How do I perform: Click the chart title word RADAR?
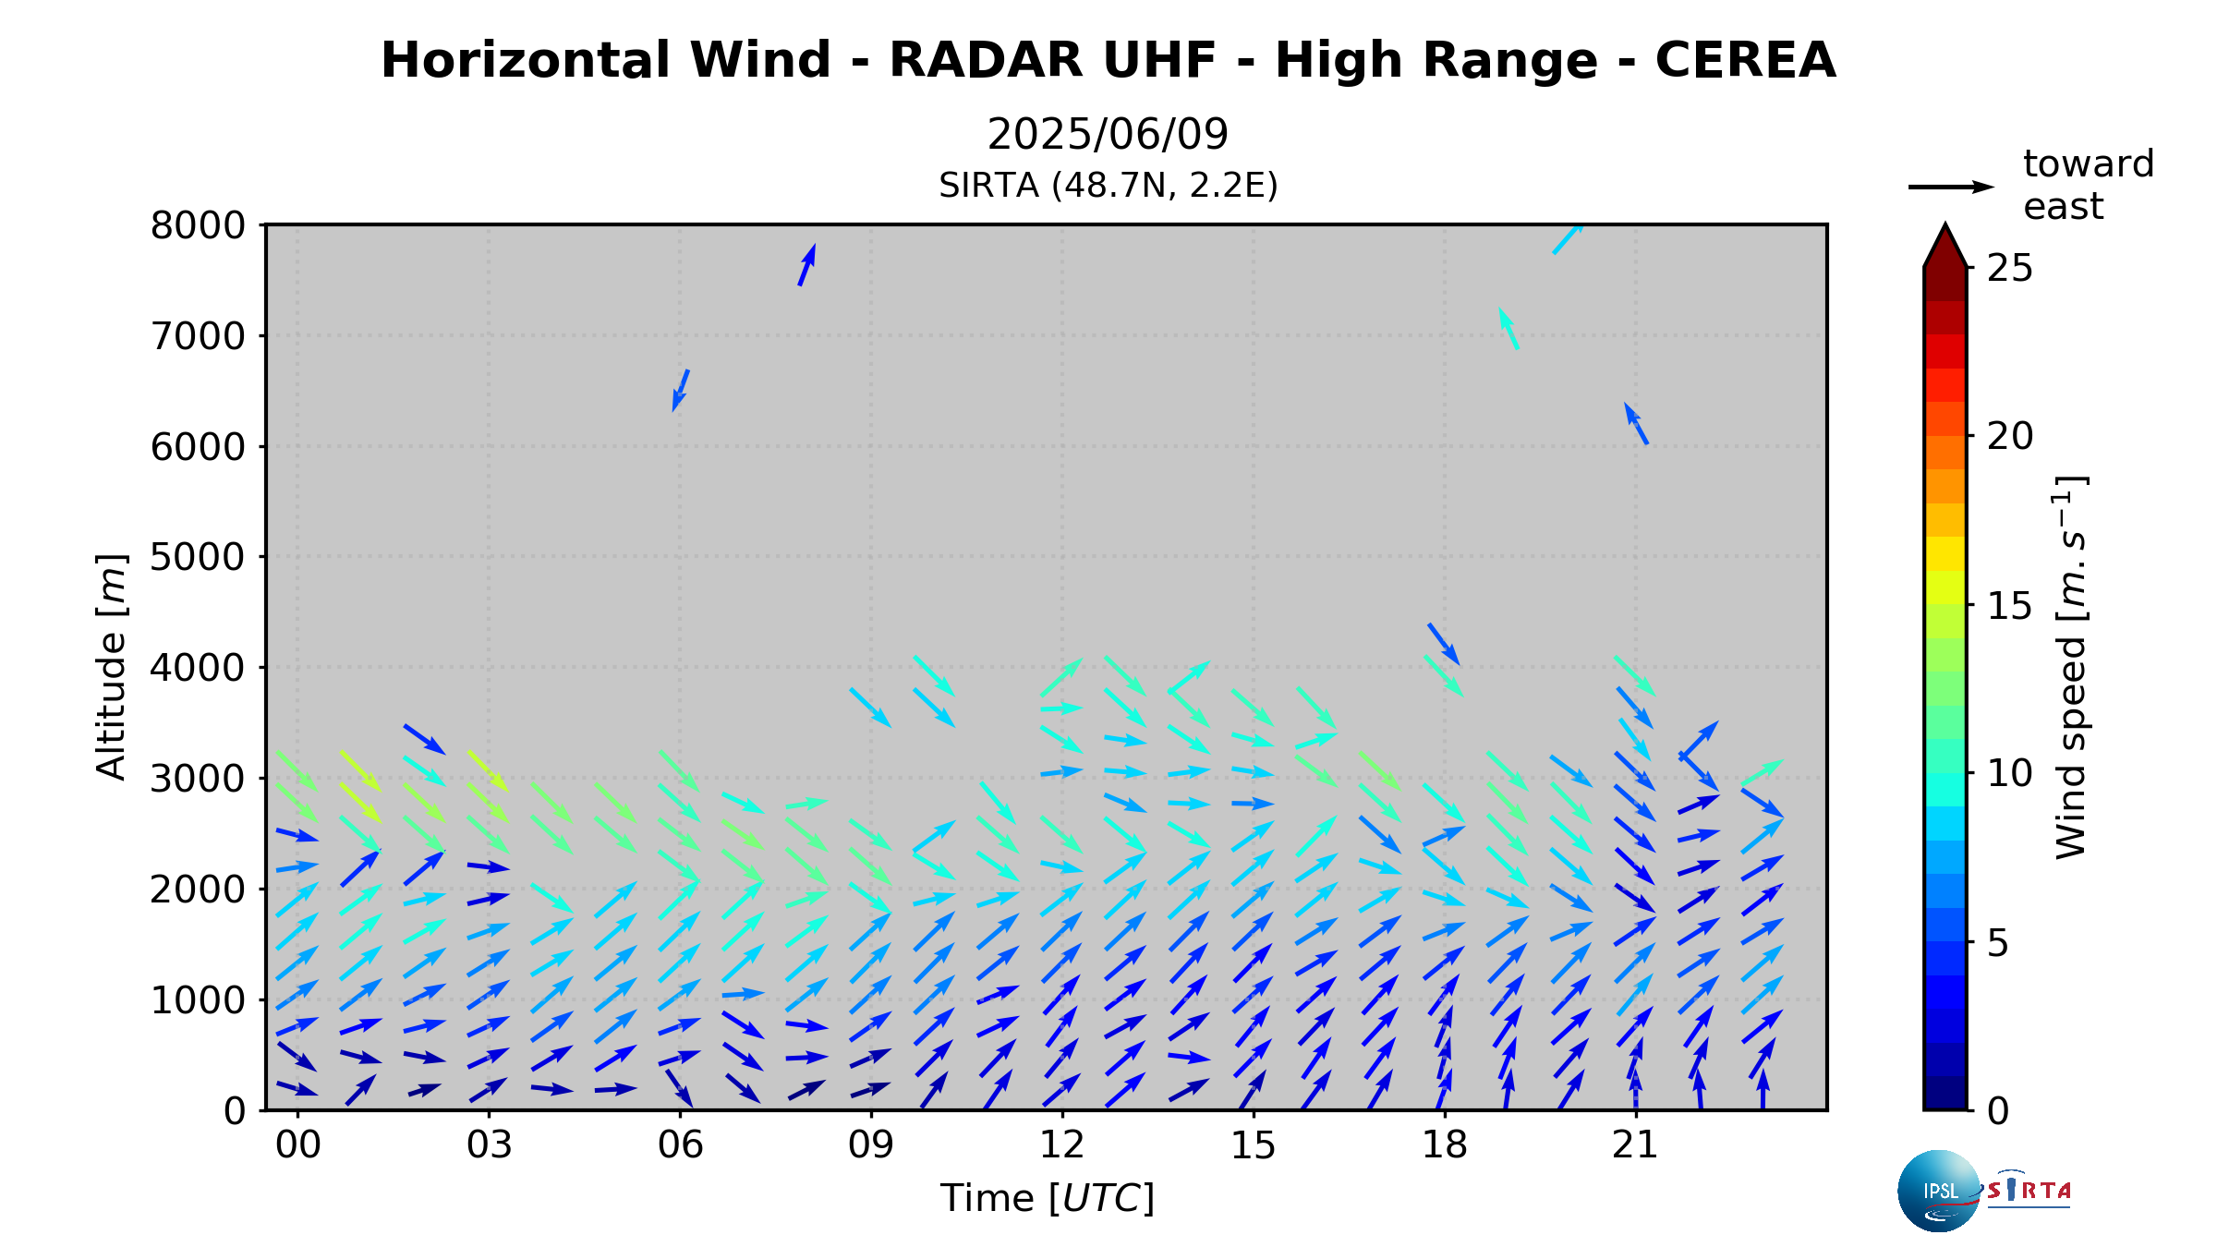(x=986, y=61)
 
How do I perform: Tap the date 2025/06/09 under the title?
(x=1108, y=135)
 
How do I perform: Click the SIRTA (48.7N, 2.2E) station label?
(x=1108, y=186)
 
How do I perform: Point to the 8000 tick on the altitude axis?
(x=198, y=225)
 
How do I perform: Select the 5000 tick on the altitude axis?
(x=198, y=557)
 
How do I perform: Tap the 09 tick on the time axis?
(x=871, y=1145)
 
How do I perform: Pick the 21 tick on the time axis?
(x=1635, y=1145)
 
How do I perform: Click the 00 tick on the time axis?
(x=297, y=1145)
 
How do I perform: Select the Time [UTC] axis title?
(x=1048, y=1198)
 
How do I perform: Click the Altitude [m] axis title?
(x=111, y=667)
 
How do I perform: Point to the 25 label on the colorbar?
(x=2010, y=268)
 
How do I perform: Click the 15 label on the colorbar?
(x=2010, y=606)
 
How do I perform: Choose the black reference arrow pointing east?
(x=1951, y=187)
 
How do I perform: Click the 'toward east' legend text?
(x=2088, y=185)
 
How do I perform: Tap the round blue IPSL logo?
(x=1939, y=1191)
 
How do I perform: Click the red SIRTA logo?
(x=2029, y=1190)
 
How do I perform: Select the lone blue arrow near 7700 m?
(x=806, y=265)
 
